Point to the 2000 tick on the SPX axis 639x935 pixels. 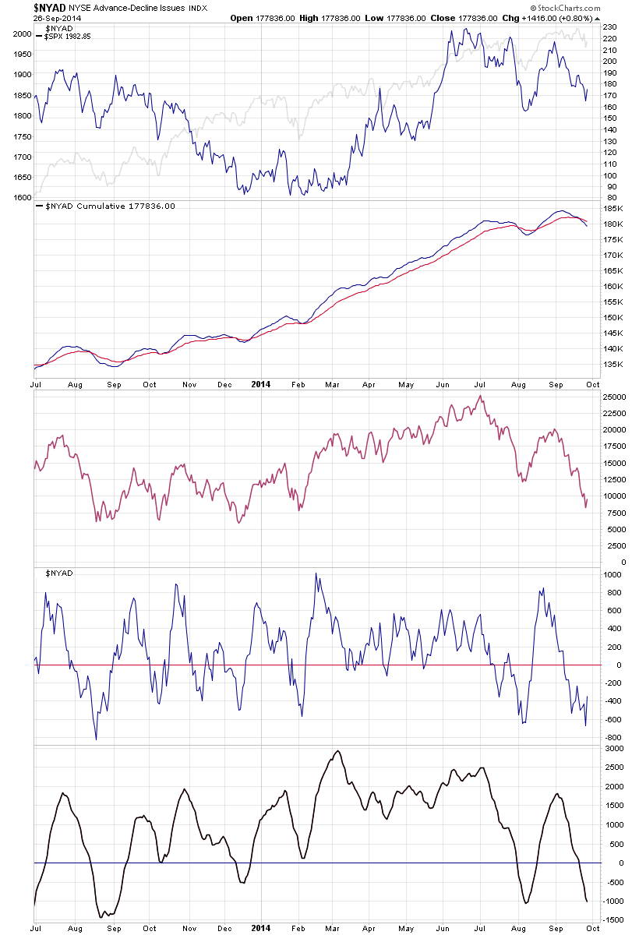[x=22, y=34]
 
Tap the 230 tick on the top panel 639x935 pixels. [x=609, y=26]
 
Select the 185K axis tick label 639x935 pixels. [x=612, y=209]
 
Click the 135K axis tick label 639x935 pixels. [x=612, y=364]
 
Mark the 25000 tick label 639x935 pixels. [x=614, y=397]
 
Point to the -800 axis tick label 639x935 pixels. [x=611, y=737]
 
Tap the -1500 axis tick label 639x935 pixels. [x=612, y=920]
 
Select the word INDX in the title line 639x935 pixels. [x=192, y=7]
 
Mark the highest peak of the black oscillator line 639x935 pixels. [x=337, y=751]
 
